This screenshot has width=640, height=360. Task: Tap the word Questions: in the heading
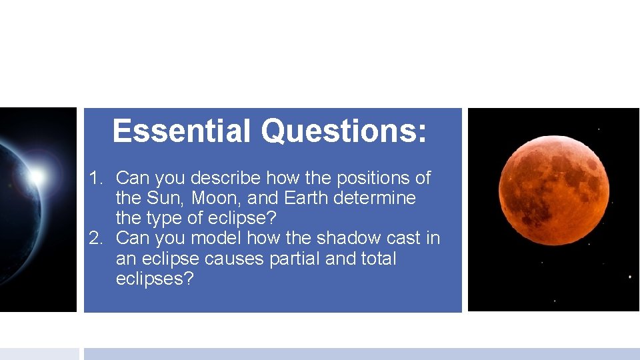coord(343,131)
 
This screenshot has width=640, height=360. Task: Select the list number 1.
coord(97,179)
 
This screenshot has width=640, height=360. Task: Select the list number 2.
coord(97,239)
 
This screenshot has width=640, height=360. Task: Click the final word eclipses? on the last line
coord(154,279)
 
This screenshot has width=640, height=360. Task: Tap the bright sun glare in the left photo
coord(37,176)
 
